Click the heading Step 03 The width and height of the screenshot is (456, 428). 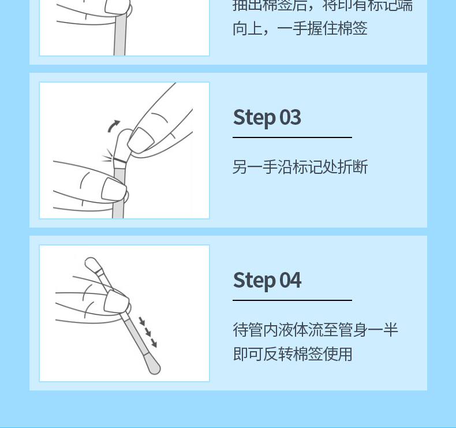tap(267, 117)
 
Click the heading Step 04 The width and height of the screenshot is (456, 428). tap(267, 280)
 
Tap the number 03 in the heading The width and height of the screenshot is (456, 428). tap(290, 117)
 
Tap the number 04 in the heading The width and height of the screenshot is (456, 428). tap(290, 280)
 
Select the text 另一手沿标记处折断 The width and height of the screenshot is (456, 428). tap(300, 168)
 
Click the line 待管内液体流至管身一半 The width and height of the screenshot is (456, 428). tap(315, 330)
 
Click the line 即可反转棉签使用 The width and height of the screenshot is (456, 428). tap(293, 353)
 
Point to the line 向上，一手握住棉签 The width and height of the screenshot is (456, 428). tap(300, 28)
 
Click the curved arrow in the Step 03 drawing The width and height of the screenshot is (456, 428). tap(114, 125)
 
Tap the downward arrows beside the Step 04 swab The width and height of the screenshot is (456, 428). tap(148, 332)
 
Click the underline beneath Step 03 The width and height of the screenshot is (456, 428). tap(292, 137)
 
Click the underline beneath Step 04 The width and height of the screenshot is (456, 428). tap(292, 300)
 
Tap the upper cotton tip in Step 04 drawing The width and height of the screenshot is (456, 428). tap(91, 265)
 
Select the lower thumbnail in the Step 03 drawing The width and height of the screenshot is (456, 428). tap(113, 188)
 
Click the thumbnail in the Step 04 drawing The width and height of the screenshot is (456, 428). tap(115, 301)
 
